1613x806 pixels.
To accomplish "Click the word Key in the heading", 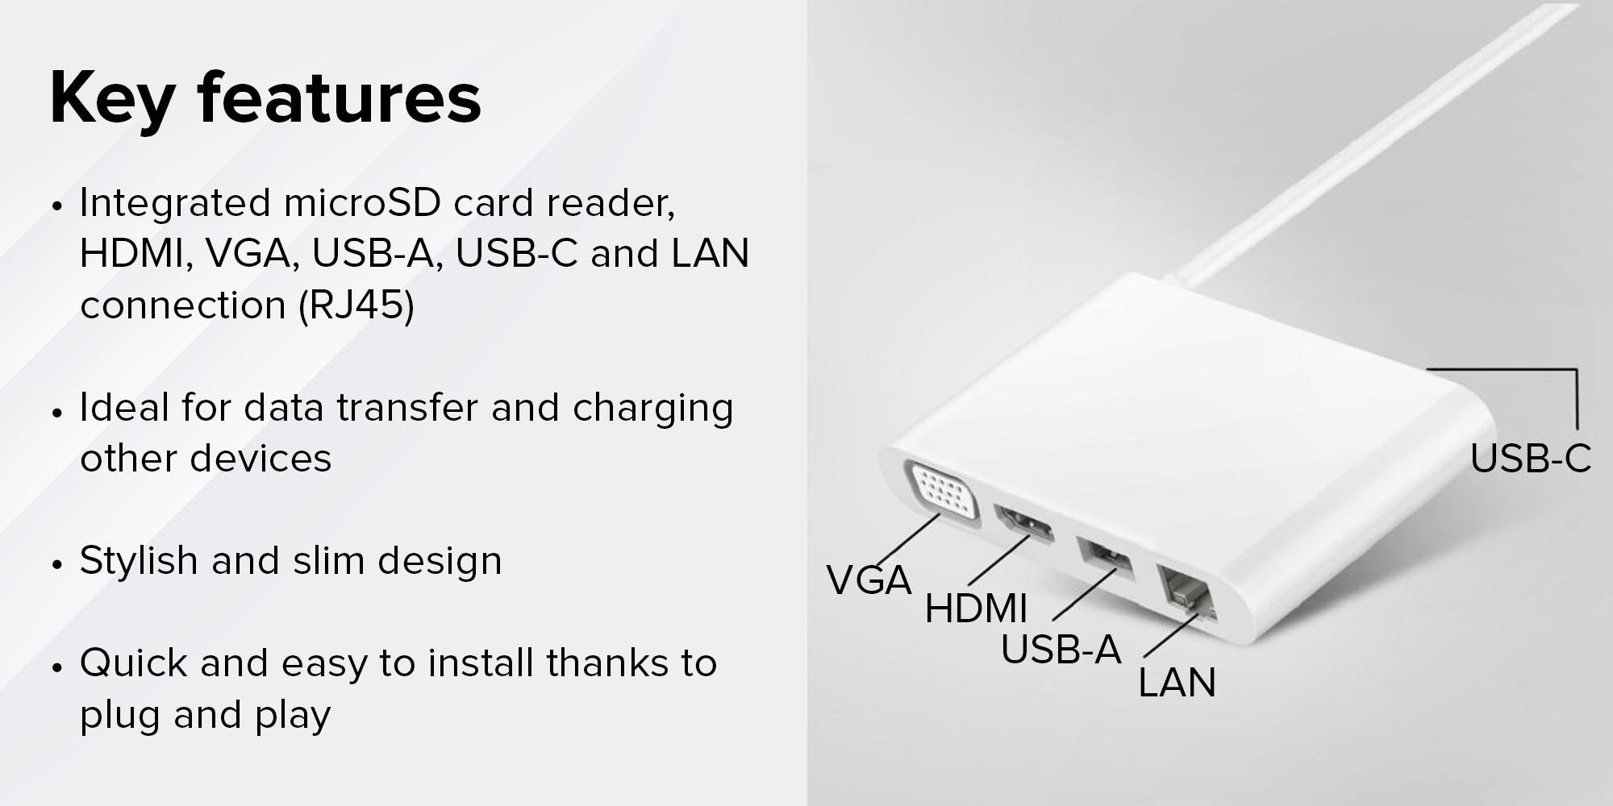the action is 112,98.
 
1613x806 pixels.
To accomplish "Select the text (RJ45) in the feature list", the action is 356,305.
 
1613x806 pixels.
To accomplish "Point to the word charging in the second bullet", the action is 652,409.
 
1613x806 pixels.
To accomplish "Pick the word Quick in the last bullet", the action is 133,663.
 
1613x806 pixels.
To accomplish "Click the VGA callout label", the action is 869,580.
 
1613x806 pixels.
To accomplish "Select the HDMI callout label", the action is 976,609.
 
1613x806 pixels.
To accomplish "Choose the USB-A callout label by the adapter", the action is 1061,650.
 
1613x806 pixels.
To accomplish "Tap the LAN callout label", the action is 1177,683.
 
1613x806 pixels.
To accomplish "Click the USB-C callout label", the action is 1530,459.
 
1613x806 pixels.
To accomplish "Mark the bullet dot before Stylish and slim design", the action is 56,563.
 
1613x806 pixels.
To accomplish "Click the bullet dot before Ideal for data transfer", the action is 56,411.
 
